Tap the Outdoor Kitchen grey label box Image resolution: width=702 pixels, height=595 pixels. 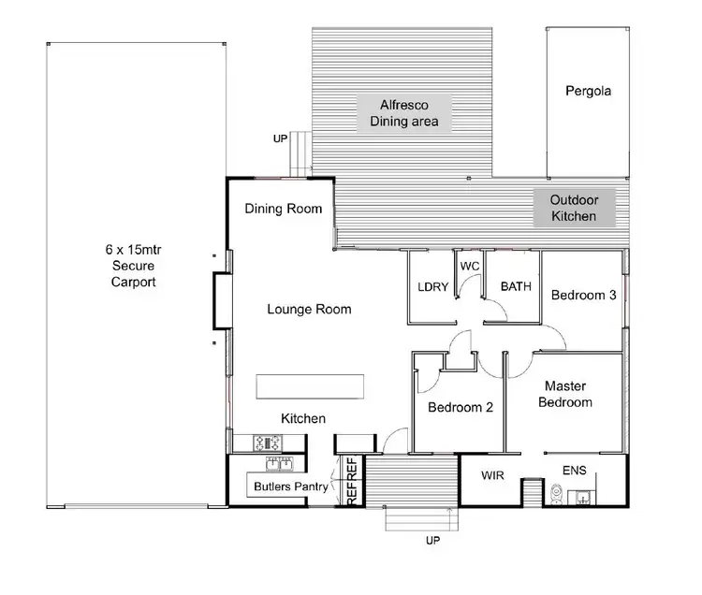click(x=574, y=208)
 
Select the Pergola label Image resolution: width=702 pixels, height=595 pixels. click(x=588, y=92)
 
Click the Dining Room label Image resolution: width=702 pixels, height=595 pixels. click(x=284, y=209)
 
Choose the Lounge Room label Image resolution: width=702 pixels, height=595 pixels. click(x=309, y=309)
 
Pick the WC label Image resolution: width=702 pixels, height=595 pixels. click(x=470, y=267)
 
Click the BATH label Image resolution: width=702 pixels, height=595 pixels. click(x=516, y=287)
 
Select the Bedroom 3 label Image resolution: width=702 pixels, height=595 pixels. click(x=583, y=295)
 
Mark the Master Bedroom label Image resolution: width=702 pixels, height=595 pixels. click(x=568, y=394)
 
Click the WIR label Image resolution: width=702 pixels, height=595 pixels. click(x=492, y=476)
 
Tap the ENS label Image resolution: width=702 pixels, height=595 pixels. click(x=574, y=471)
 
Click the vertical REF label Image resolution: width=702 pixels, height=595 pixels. click(x=352, y=482)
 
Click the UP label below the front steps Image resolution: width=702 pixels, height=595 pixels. click(x=431, y=540)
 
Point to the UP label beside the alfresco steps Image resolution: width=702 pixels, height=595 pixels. click(x=280, y=138)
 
